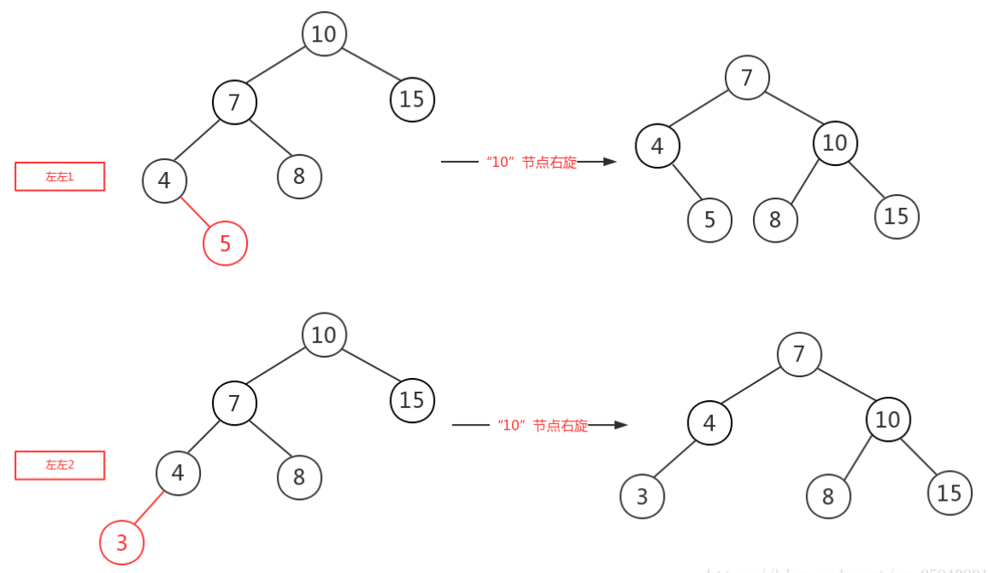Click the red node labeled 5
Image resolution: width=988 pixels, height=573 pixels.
tap(225, 244)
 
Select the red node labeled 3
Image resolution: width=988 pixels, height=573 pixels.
tap(122, 542)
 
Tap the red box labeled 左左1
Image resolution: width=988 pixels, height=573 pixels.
tap(60, 176)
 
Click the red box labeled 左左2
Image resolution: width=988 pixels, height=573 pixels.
tap(60, 465)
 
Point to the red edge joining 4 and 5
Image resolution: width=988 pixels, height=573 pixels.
tap(195, 212)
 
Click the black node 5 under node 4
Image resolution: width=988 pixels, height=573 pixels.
tap(709, 220)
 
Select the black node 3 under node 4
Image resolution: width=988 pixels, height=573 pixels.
tap(642, 496)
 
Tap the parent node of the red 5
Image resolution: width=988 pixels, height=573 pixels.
tap(164, 180)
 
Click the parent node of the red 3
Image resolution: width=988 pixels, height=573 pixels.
tap(178, 473)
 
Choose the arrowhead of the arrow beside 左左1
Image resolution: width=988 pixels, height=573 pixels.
tap(609, 161)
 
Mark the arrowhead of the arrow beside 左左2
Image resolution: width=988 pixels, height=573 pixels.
tap(621, 424)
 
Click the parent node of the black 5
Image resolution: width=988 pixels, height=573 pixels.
tap(658, 146)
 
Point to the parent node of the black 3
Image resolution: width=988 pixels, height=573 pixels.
tap(709, 422)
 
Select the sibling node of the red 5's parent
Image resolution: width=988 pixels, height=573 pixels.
tap(299, 177)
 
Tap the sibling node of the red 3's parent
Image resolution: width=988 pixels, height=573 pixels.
tap(299, 477)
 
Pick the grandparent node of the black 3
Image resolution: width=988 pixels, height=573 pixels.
tap(799, 353)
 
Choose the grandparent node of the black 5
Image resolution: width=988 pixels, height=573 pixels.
tap(747, 77)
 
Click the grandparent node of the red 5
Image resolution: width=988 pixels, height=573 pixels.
tap(234, 102)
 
